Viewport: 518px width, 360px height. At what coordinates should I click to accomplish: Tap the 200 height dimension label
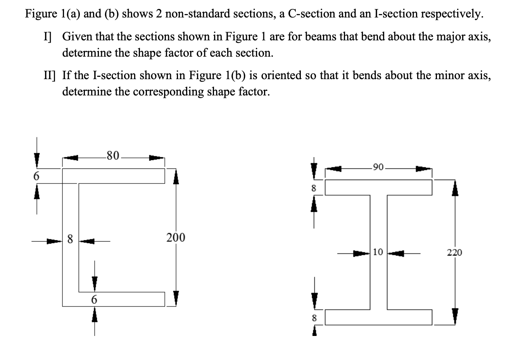coord(176,237)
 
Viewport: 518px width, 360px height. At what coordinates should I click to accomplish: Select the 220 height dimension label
coord(454,253)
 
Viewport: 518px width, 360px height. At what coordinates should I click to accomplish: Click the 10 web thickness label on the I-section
coord(378,252)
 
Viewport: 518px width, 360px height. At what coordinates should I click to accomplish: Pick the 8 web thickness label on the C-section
coord(71,239)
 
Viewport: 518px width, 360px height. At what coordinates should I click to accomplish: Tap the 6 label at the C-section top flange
coord(36,176)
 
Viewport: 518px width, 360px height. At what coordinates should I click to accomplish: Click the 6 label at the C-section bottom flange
coord(94,299)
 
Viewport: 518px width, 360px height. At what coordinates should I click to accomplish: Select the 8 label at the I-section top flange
coord(314,189)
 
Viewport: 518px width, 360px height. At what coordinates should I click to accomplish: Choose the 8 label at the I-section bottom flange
coord(314,318)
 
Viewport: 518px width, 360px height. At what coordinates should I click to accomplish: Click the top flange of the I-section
coord(378,188)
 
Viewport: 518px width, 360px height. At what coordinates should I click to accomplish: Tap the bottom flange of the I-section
coord(378,317)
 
